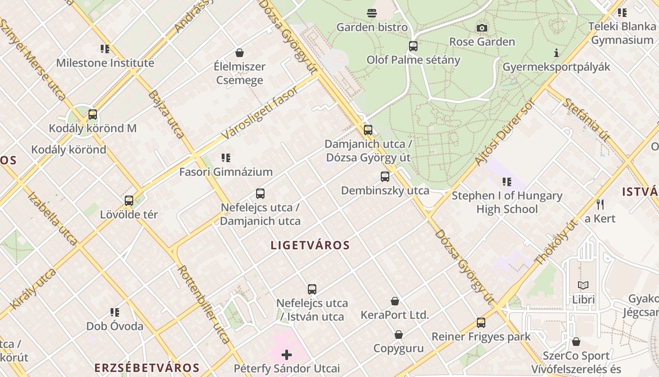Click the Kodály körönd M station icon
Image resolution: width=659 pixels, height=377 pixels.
[93, 115]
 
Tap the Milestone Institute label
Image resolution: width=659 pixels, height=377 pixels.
[105, 63]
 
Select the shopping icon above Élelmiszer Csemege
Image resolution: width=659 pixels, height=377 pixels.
[240, 52]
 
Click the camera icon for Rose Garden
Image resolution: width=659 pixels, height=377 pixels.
[482, 28]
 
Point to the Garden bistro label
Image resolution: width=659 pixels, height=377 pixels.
[372, 27]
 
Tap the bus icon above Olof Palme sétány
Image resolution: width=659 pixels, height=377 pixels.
[413, 46]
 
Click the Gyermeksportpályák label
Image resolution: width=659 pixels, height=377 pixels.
[556, 67]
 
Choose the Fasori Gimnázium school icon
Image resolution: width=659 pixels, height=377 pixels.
[226, 158]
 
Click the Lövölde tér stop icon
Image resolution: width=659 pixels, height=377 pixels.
[129, 201]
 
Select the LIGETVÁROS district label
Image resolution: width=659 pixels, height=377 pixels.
[311, 245]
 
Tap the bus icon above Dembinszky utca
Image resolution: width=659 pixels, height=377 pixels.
[385, 177]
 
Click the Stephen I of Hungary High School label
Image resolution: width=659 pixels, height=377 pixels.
[507, 202]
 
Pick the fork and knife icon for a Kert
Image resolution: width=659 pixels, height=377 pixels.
[600, 205]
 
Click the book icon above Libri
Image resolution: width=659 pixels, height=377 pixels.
[583, 286]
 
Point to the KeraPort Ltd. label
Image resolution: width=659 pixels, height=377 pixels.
[394, 315]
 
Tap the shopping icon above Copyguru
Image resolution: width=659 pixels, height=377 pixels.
[399, 335]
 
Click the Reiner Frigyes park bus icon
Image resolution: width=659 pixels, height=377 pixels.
[481, 323]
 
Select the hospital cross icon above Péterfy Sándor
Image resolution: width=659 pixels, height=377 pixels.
[287, 354]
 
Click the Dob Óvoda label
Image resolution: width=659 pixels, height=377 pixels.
[115, 326]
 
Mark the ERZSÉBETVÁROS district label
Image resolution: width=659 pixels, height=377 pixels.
[147, 368]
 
